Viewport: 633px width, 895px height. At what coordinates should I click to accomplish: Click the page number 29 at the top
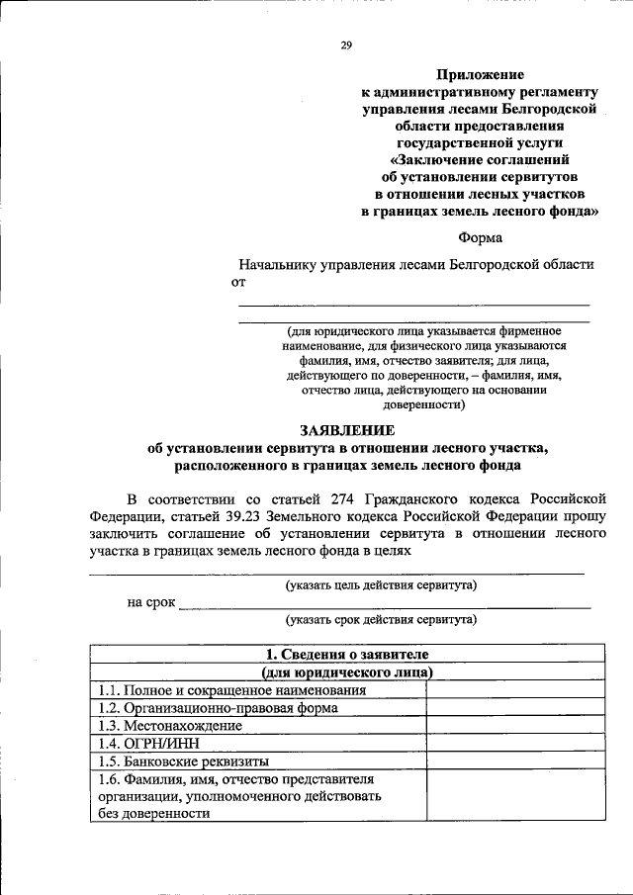[345, 45]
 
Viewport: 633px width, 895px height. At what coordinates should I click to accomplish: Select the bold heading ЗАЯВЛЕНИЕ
[347, 430]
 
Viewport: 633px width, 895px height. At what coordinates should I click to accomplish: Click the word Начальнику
[280, 265]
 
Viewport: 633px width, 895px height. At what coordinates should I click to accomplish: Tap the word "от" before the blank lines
[237, 283]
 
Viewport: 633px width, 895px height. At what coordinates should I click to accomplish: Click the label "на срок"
[150, 601]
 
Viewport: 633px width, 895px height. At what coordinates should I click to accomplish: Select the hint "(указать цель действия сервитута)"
[381, 584]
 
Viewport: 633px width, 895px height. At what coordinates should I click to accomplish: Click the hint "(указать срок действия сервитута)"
[381, 620]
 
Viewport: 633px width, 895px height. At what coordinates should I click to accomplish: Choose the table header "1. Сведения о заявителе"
[347, 655]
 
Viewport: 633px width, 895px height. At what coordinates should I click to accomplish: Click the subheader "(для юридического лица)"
[347, 672]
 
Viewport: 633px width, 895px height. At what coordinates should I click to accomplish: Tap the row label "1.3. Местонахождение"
[169, 726]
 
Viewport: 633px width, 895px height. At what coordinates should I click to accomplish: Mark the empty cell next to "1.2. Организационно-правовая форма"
[515, 708]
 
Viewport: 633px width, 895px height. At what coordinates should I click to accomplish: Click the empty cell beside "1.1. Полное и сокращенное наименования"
[515, 690]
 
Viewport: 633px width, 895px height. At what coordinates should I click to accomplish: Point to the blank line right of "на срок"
[386, 603]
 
